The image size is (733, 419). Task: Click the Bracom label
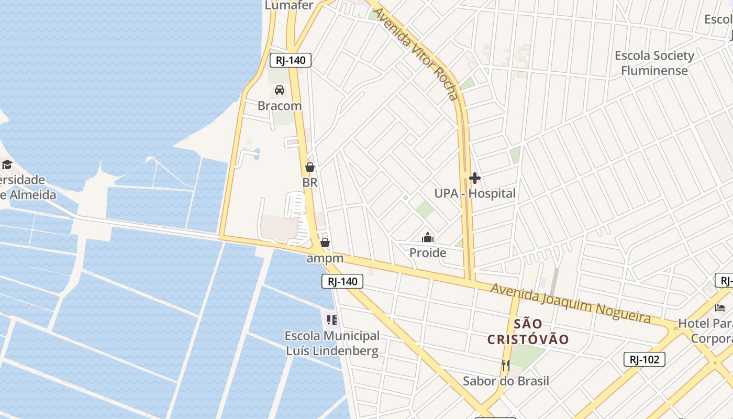point(280,106)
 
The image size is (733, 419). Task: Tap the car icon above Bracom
point(280,90)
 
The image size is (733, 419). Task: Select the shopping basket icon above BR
point(310,168)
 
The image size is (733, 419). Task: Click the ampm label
point(325,258)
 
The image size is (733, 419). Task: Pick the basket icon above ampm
point(325,242)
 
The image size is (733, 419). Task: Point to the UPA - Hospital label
point(475,194)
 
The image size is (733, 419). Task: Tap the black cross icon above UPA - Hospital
point(475,179)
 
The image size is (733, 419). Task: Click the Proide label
point(428,253)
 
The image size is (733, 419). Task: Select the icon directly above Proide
point(428,238)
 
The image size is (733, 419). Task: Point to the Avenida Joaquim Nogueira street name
point(571,303)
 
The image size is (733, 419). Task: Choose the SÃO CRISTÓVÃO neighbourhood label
point(528,332)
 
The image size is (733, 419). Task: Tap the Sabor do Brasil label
point(506,381)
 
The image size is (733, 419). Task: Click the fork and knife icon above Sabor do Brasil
point(506,366)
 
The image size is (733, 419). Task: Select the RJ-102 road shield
point(645,359)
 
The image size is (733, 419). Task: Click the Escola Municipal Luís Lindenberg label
point(332,343)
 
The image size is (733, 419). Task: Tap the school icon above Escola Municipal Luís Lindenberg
point(332,319)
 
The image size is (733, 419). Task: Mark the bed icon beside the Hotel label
point(720,308)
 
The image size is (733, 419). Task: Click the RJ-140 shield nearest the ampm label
point(342,282)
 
